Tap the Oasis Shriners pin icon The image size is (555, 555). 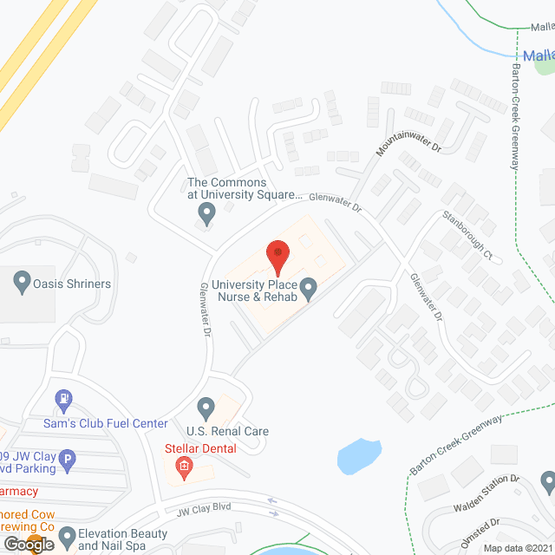[x=23, y=281]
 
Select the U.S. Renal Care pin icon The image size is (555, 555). [x=206, y=407]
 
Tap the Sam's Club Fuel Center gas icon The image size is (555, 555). [x=62, y=401]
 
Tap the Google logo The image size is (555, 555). [x=27, y=545]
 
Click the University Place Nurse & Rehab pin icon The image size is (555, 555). [x=306, y=285]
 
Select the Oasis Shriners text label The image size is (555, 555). [x=72, y=284]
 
